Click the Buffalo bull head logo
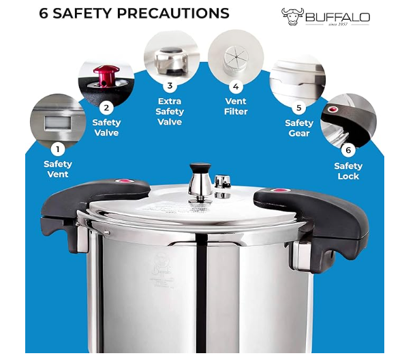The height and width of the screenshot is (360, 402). coord(292,16)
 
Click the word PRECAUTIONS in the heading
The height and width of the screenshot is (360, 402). coord(173,13)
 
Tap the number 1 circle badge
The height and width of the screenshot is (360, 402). coord(58,149)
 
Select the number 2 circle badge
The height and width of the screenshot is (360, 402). coord(106,108)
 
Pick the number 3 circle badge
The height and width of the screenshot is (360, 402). coord(170,86)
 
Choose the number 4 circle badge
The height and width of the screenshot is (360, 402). coord(236,86)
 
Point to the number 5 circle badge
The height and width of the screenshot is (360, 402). coord(299,108)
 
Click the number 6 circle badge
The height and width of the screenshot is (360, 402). coord(348,150)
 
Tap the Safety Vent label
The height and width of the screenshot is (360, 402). coord(58,169)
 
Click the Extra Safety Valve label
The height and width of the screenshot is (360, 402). coord(170,112)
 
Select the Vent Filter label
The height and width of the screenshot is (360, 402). coord(236,106)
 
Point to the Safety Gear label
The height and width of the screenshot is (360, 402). coord(299,128)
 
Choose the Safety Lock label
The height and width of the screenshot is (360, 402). coord(348,171)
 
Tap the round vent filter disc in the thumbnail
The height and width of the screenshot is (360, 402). coord(236,59)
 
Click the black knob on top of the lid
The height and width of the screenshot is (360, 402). coord(200,169)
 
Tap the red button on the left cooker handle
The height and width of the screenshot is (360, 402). coord(125,181)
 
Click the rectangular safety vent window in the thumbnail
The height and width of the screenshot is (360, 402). coord(58,123)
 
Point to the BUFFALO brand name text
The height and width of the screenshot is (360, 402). coord(338,18)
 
